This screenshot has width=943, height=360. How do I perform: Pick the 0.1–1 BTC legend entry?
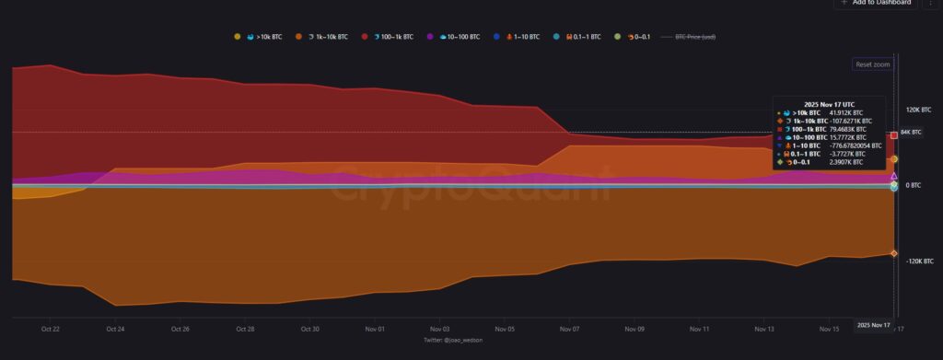click(x=581, y=37)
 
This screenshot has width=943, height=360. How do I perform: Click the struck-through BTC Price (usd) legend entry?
click(x=695, y=37)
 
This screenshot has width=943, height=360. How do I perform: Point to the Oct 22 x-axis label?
click(x=51, y=329)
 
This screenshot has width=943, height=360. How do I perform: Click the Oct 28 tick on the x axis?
click(x=245, y=329)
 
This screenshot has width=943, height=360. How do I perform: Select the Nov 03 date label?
click(x=440, y=329)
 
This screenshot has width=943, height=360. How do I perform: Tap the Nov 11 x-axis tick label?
click(x=700, y=329)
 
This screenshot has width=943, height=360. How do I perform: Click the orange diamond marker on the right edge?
click(x=894, y=253)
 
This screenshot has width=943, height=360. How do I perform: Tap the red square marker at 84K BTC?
click(x=894, y=135)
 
